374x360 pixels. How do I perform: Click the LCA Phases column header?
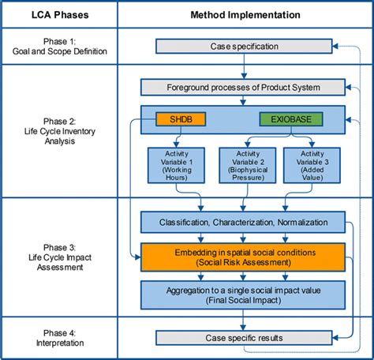point(59,15)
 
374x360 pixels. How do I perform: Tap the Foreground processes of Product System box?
point(242,87)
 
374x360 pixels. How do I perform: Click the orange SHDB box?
point(181,118)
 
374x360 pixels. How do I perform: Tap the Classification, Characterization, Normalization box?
point(242,223)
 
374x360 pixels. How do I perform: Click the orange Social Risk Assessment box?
point(242,257)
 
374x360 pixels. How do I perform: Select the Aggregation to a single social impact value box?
point(242,294)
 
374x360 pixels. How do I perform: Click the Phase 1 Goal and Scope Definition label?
point(59,47)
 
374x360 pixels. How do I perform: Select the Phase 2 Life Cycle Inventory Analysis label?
point(59,131)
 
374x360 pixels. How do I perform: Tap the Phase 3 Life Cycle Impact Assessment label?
point(59,257)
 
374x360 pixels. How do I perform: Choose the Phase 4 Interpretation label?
point(59,338)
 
